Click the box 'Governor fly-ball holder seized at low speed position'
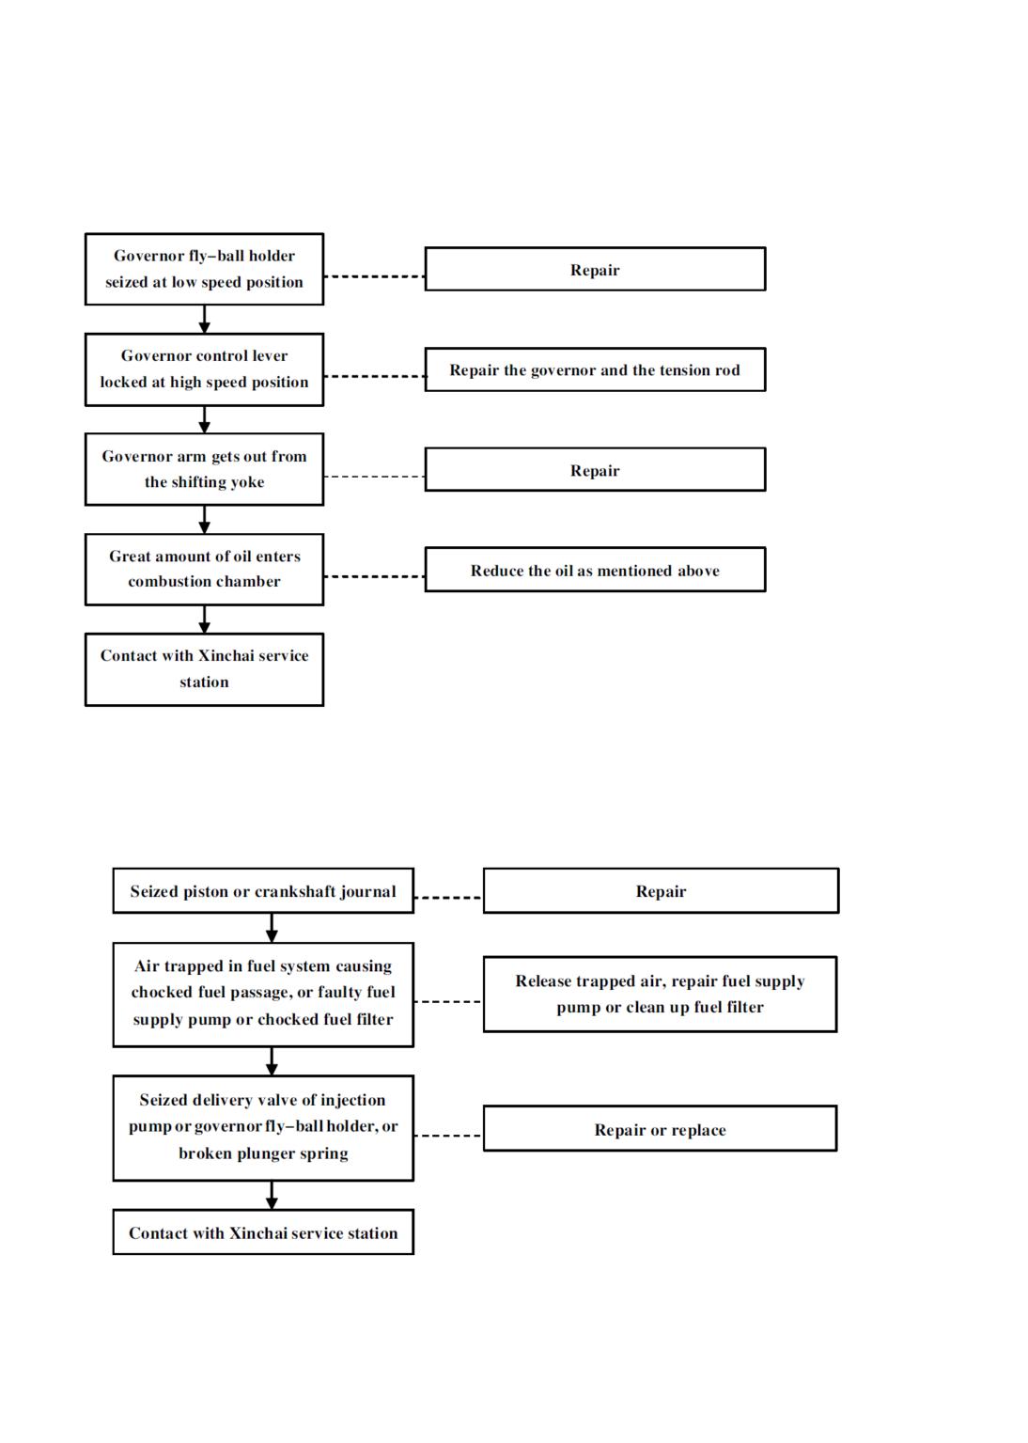(204, 269)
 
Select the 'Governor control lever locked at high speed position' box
(204, 369)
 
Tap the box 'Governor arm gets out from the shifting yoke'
(204, 469)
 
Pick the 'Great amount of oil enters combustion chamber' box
(204, 570)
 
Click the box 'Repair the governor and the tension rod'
(595, 369)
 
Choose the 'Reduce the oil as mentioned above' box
(595, 570)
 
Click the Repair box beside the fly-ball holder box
(595, 269)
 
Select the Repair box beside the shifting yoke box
(595, 470)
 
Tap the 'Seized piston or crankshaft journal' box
(263, 891)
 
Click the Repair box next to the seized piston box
(661, 891)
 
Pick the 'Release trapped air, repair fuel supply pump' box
(661, 994)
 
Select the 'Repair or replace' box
(661, 1130)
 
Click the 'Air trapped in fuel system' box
(263, 993)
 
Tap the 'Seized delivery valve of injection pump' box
(263, 1127)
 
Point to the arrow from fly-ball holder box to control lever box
(204, 320)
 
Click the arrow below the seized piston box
(272, 928)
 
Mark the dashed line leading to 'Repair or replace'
(448, 1136)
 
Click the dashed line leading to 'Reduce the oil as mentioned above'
(374, 576)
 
